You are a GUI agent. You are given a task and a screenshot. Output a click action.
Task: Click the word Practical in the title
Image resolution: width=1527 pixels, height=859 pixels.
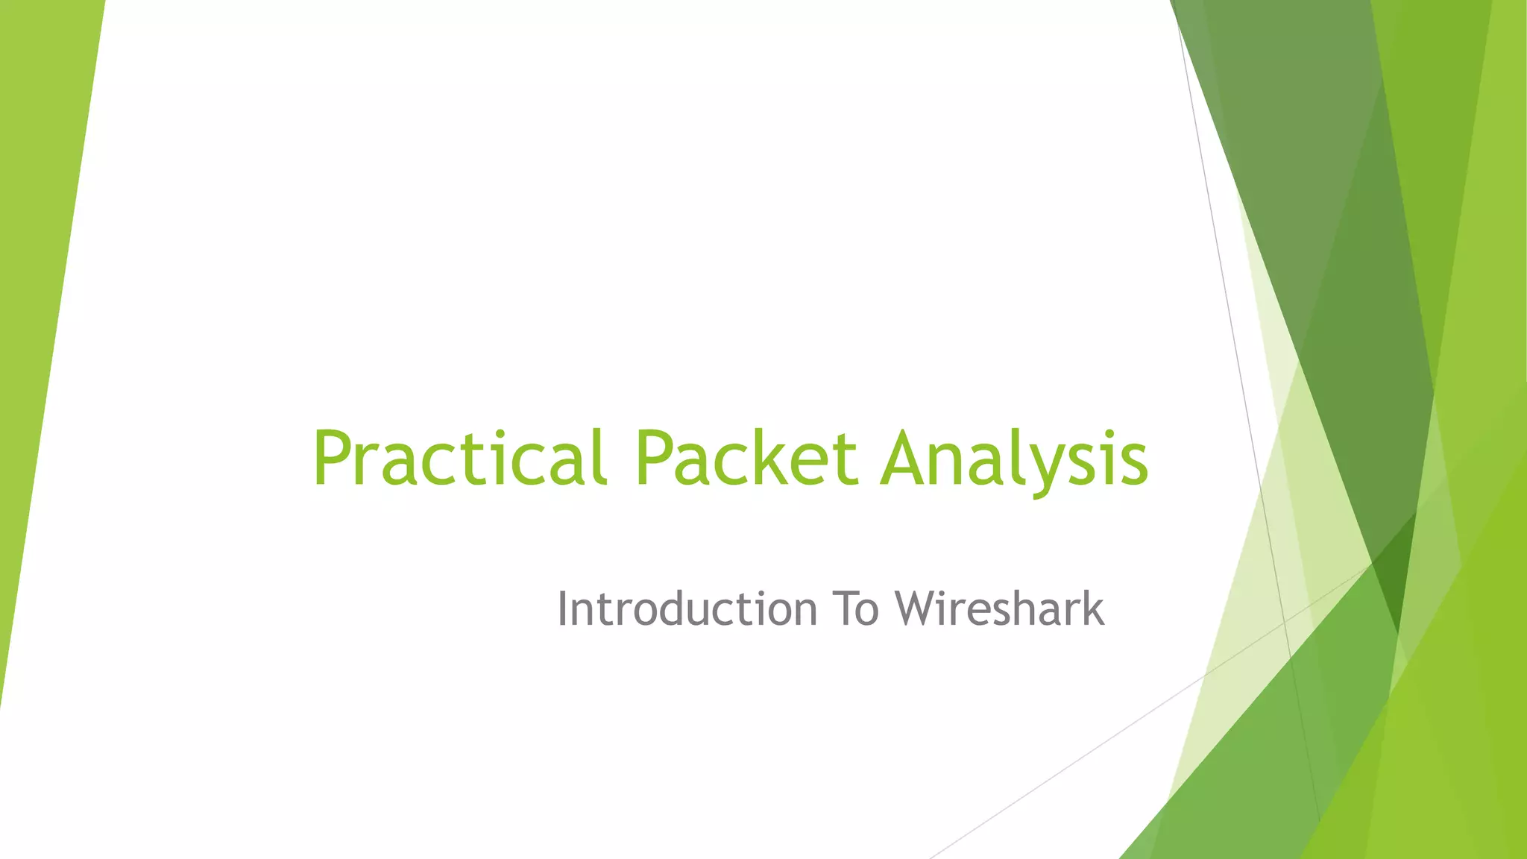[458, 458]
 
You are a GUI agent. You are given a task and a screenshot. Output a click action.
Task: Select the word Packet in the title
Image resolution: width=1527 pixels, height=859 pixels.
[746, 458]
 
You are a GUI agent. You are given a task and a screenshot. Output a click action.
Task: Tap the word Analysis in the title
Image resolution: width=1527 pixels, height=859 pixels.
[1014, 458]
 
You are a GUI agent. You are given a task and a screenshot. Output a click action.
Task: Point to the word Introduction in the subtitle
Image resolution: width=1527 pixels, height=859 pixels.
[687, 608]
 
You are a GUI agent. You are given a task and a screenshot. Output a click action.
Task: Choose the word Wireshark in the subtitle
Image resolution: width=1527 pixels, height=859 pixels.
[999, 608]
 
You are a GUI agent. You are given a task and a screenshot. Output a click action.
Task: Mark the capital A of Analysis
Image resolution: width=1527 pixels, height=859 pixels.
[907, 458]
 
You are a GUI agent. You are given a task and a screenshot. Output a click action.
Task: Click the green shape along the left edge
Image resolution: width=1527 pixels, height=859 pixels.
[41, 298]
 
